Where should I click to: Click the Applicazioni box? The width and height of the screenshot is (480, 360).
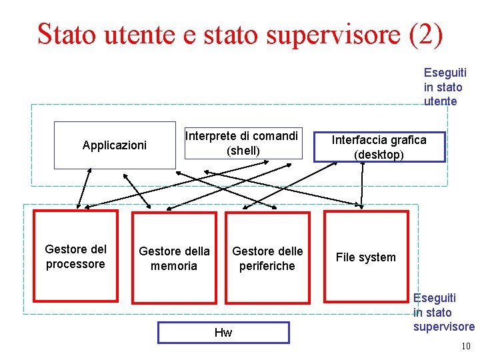[x=115, y=145]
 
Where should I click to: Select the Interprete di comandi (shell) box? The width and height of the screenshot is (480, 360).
[x=242, y=143]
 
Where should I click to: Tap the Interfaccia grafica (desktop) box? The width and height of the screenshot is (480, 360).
[x=379, y=147]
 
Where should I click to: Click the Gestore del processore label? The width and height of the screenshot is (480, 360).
[x=75, y=257]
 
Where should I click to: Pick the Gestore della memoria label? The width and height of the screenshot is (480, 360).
[x=174, y=259]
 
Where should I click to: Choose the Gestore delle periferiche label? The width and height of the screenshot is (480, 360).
[x=267, y=259]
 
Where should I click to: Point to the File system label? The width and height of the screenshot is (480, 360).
[x=365, y=257]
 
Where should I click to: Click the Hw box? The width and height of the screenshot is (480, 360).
[x=223, y=333]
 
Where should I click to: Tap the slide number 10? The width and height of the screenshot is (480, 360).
[x=465, y=347]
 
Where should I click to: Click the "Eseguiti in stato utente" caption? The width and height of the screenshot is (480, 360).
[x=445, y=87]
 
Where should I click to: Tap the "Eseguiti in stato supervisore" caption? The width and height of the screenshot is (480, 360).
[x=443, y=312]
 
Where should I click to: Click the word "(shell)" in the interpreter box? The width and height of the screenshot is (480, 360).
[x=243, y=151]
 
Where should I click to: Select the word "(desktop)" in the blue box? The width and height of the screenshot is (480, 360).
[x=379, y=155]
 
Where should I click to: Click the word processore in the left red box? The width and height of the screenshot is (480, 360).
[x=75, y=264]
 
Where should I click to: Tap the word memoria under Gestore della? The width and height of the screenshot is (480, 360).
[x=174, y=266]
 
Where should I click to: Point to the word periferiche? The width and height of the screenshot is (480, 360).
[x=267, y=266]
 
